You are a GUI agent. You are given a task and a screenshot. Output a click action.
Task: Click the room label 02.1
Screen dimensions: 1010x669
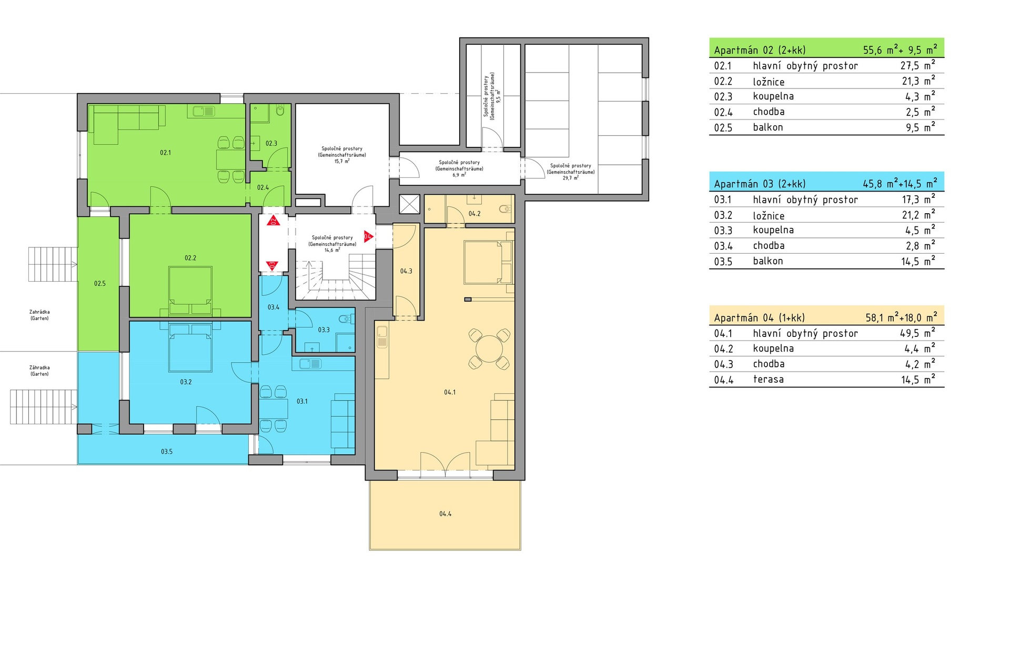[166, 153]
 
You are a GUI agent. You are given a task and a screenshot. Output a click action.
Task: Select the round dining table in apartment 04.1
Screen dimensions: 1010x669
[489, 348]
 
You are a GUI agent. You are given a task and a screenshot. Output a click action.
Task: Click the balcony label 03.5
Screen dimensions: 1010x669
[167, 452]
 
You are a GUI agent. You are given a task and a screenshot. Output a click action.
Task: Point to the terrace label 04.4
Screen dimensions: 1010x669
[446, 514]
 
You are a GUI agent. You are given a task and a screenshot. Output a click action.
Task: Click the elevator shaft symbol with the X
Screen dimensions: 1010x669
[410, 204]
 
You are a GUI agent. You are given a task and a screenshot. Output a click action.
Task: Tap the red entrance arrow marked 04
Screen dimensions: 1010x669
[368, 236]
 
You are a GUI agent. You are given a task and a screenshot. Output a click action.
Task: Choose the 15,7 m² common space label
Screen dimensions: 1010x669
[342, 155]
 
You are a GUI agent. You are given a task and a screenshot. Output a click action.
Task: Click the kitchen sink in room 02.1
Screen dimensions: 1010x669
[204, 111]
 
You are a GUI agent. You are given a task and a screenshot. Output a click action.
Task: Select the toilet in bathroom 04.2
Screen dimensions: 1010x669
[506, 208]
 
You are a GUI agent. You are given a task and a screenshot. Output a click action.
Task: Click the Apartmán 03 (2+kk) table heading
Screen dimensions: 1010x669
[760, 184]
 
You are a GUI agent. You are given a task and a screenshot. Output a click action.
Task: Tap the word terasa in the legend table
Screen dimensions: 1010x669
[769, 380]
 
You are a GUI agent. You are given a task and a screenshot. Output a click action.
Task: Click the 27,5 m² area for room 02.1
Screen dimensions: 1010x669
[918, 65]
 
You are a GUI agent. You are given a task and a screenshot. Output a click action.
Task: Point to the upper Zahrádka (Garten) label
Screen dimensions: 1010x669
[39, 315]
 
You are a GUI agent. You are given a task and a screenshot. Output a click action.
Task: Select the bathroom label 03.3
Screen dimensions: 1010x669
[324, 330]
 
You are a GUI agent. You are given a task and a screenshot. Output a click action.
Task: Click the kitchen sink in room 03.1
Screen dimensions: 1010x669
[310, 364]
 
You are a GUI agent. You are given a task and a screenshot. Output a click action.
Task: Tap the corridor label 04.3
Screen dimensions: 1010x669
[406, 272]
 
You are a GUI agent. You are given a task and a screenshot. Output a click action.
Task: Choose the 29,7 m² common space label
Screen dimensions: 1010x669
[571, 172]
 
